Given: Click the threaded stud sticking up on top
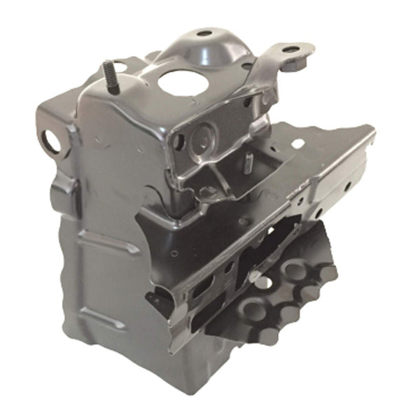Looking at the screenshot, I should (109, 73).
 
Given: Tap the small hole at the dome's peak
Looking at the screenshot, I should (204, 33).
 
